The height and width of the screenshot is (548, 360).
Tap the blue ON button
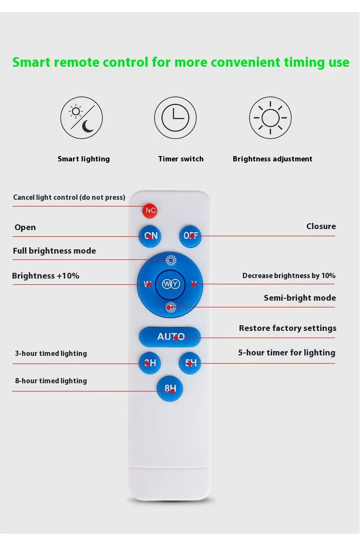coord(150,236)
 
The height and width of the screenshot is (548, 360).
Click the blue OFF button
coord(190,236)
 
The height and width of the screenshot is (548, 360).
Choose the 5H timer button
coord(190,363)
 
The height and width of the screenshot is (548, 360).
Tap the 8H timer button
coord(170,389)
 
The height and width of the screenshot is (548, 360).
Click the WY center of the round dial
coord(170,284)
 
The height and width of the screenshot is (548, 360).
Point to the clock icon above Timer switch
coord(175,118)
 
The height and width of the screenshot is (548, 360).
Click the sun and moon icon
coord(82,118)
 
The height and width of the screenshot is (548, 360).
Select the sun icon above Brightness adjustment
coord(270,118)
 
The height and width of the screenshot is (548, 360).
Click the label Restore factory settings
coord(288,329)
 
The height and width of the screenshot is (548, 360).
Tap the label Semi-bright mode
coord(300,298)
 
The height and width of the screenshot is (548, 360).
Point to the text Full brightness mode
coord(54,251)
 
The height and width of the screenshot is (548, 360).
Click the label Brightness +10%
coord(46,276)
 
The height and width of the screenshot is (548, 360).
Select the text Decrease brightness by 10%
coord(288,276)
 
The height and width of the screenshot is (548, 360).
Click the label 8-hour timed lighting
coord(51,381)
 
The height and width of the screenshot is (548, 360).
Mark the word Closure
coord(321,226)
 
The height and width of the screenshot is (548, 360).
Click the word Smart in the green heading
coord(32,62)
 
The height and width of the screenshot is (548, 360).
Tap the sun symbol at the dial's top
coord(171,261)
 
